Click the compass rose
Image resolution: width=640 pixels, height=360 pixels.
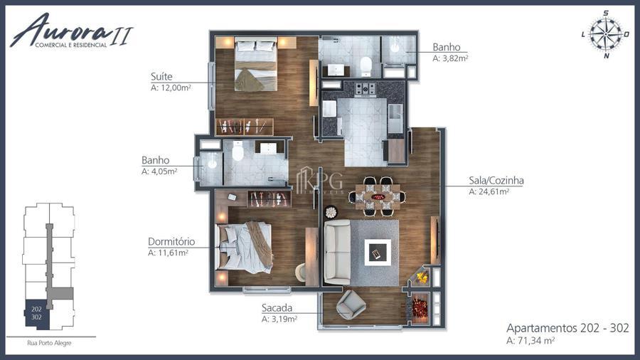[606, 35]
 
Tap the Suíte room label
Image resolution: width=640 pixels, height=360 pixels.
[161, 76]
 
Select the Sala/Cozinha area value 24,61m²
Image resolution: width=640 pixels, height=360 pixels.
[489, 191]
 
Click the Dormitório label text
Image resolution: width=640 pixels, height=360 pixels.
[171, 241]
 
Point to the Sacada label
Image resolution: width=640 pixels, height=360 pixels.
[277, 308]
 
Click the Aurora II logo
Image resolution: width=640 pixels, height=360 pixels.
[71, 31]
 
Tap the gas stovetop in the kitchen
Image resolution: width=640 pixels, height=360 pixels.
[365, 89]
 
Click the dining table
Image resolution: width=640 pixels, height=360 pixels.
[377, 197]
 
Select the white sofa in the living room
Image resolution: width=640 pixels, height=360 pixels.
[337, 252]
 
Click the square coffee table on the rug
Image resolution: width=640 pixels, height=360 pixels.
[378, 253]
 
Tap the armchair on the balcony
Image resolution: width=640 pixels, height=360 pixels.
[351, 305]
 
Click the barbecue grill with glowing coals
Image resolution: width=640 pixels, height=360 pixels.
[419, 308]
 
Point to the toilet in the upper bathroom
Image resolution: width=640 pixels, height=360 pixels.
[366, 66]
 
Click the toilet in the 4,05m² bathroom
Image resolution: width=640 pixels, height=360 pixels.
[238, 151]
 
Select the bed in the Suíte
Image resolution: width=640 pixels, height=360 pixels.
[256, 64]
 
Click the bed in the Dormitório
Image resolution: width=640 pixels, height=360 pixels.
[244, 248]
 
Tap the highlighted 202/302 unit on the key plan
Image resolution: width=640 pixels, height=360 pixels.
[37, 313]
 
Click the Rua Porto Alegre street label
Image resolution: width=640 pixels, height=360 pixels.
[49, 343]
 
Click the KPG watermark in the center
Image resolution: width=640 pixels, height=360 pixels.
[319, 181]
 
